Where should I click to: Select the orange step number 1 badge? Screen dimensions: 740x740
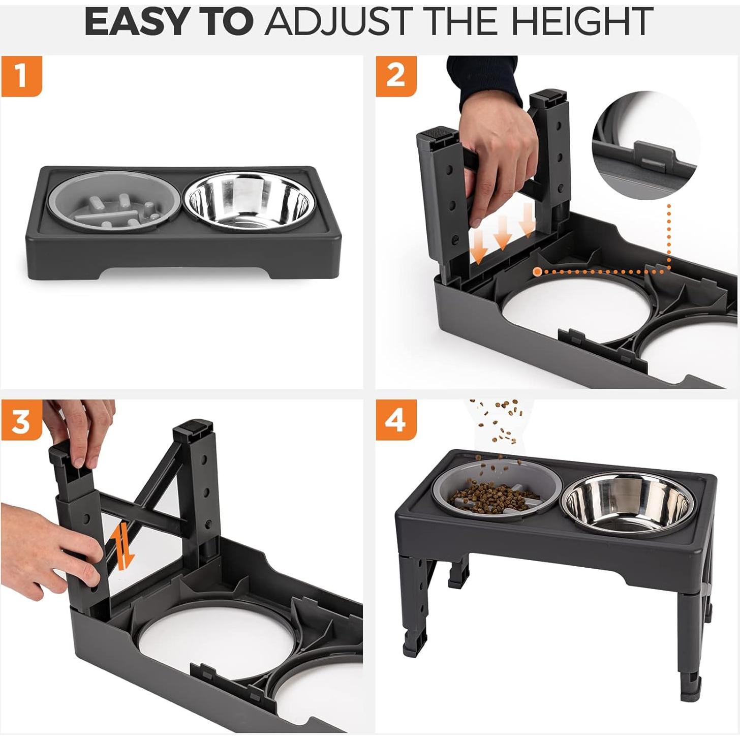coord(21,76)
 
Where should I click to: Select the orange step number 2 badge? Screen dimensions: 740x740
coord(396,76)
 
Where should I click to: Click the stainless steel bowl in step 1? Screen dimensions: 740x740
coord(247,202)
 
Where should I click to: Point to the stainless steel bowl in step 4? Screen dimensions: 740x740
coord(628,505)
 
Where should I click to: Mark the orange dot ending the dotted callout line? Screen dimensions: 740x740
coord(537,272)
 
